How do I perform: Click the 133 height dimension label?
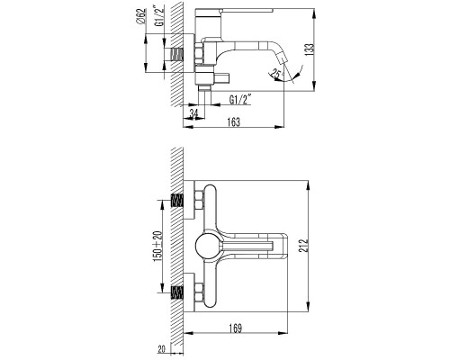click(310, 49)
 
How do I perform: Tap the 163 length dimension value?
click(234, 122)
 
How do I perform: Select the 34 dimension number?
click(194, 113)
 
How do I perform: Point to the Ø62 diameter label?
click(140, 16)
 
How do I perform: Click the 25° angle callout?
click(276, 73)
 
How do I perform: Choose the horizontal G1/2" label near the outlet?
click(240, 99)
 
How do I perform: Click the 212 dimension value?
click(303, 246)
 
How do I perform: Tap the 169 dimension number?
click(236, 328)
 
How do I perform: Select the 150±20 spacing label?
click(158, 246)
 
